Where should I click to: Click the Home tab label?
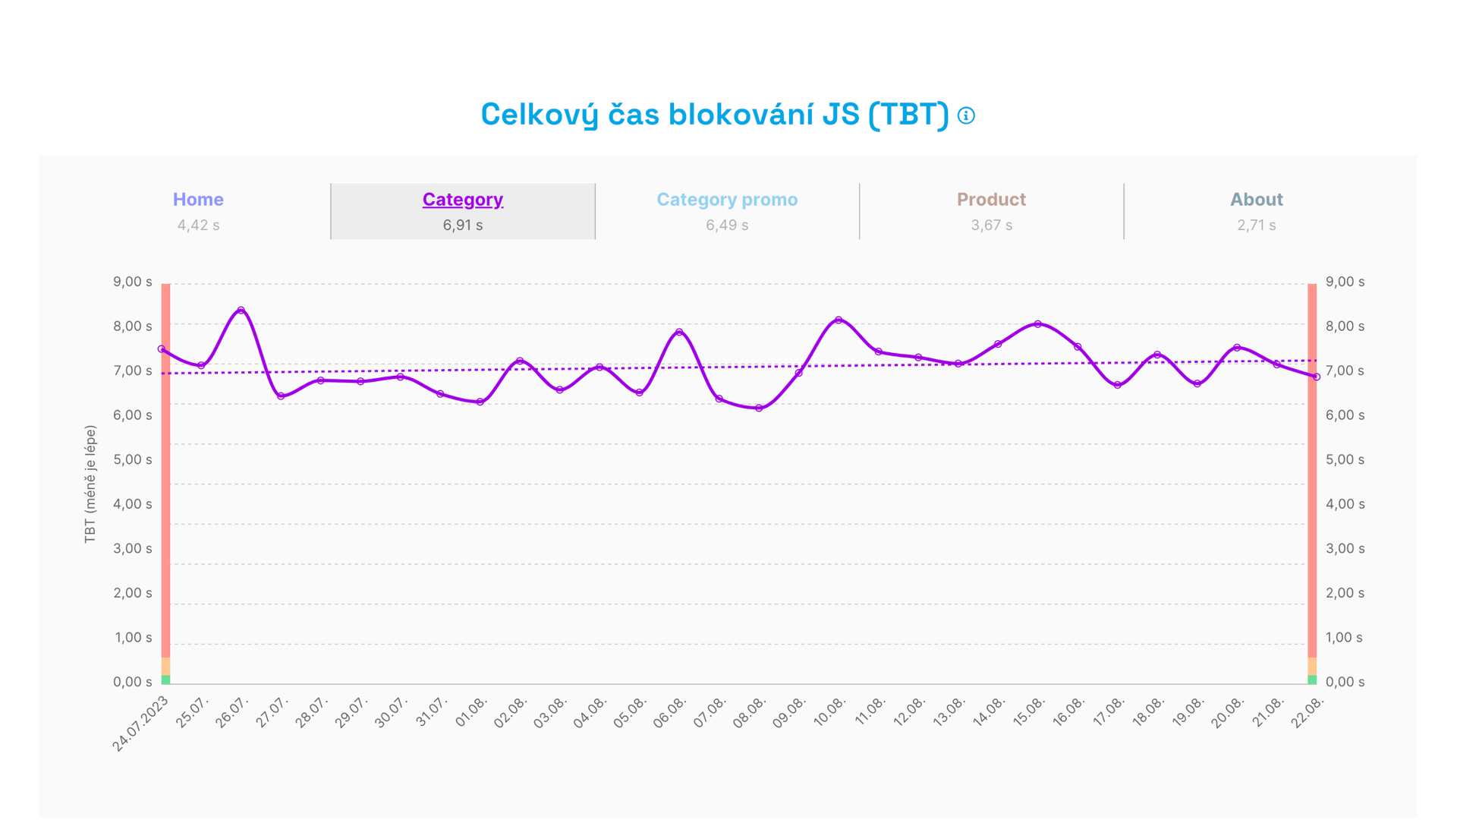click(198, 200)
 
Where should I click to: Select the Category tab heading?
click(462, 200)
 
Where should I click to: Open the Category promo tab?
click(727, 200)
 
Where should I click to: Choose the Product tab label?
click(991, 200)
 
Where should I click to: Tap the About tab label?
click(1256, 200)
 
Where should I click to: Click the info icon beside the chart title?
click(966, 115)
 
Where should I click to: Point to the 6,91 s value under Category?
click(462, 225)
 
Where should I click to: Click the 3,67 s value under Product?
click(991, 225)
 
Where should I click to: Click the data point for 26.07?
click(241, 311)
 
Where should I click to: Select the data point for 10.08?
click(839, 320)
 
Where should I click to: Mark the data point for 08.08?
click(759, 408)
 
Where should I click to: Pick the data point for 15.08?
click(1038, 324)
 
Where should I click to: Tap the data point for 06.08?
click(679, 332)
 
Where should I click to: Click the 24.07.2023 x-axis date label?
click(141, 724)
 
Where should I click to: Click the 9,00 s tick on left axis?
click(133, 282)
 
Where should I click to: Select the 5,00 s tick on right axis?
click(1345, 459)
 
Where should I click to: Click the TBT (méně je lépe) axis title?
click(90, 484)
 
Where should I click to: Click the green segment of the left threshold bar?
click(165, 680)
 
